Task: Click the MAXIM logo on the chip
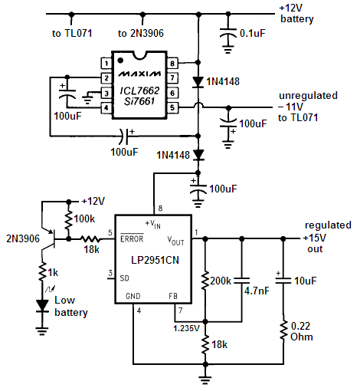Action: (x=139, y=74)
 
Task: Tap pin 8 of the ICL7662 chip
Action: (x=172, y=63)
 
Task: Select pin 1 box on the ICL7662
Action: (x=106, y=63)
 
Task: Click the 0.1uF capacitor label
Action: (x=253, y=33)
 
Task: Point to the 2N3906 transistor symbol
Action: (x=48, y=239)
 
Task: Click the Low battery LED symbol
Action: (x=42, y=306)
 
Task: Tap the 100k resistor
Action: (x=68, y=219)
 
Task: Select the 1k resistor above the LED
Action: (x=42, y=271)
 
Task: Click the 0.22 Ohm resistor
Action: (x=283, y=330)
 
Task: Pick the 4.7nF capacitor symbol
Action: (x=242, y=281)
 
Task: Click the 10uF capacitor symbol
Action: (x=283, y=281)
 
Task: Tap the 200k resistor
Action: (x=205, y=281)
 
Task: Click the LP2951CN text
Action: (x=155, y=260)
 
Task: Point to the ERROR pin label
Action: (x=132, y=238)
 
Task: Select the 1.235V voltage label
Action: (x=186, y=328)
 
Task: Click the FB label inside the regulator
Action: (x=173, y=296)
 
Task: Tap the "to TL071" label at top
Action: (x=72, y=33)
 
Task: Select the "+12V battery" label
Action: (x=296, y=14)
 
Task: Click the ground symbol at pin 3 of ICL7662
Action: (x=87, y=98)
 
